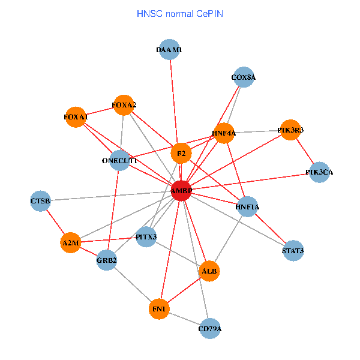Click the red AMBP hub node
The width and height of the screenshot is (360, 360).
pyautogui.click(x=181, y=191)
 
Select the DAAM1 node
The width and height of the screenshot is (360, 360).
pyautogui.click(x=169, y=50)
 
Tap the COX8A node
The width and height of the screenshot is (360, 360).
pyautogui.click(x=243, y=77)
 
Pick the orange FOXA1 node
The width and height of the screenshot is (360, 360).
pyautogui.click(x=76, y=116)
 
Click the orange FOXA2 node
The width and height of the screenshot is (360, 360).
pyautogui.click(x=124, y=105)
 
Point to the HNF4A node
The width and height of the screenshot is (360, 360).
pyautogui.click(x=224, y=133)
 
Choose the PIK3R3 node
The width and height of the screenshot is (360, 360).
pyautogui.click(x=290, y=130)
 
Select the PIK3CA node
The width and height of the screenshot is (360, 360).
pyautogui.click(x=319, y=172)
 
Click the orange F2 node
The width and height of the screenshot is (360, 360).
pyautogui.click(x=181, y=154)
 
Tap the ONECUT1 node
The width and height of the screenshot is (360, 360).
pyautogui.click(x=119, y=161)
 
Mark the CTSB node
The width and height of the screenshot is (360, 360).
pyautogui.click(x=40, y=200)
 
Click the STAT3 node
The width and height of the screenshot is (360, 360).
pyautogui.click(x=293, y=250)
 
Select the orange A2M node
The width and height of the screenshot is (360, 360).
pyautogui.click(x=70, y=243)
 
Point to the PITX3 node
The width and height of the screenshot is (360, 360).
pyautogui.click(x=146, y=237)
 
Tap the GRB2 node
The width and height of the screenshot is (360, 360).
pyautogui.click(x=106, y=260)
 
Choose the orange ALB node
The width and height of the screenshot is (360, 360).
pyautogui.click(x=209, y=271)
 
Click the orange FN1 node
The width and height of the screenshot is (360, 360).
pyautogui.click(x=159, y=308)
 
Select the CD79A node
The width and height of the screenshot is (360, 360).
pyautogui.click(x=209, y=328)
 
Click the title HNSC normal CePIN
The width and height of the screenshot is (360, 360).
pyautogui.click(x=180, y=13)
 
